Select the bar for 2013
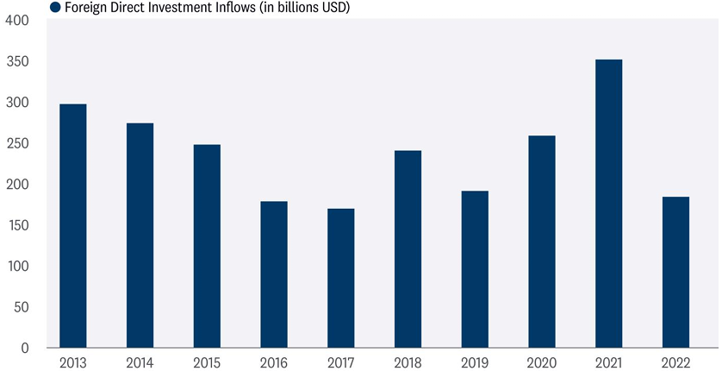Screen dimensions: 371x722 [73, 226]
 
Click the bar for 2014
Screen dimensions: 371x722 [140, 236]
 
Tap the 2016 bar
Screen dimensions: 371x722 [274, 274]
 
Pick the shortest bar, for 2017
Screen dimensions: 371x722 [340, 278]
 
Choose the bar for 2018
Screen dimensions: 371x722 [408, 249]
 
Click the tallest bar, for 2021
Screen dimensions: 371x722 [608, 204]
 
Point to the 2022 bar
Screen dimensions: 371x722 [675, 273]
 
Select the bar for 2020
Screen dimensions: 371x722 [542, 242]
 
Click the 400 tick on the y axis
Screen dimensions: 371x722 [16, 21]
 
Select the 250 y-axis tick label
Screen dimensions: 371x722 [16, 143]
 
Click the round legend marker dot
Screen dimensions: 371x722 [55, 7]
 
